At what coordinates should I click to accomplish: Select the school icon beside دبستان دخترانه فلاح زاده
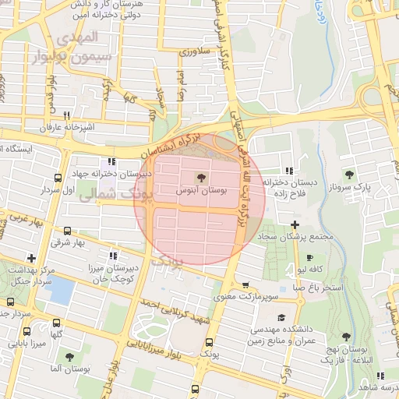click(289, 170)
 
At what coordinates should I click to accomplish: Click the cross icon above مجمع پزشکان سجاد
click(295, 224)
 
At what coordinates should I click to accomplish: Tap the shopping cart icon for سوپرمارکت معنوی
click(246, 285)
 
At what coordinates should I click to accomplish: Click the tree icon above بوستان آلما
click(70, 356)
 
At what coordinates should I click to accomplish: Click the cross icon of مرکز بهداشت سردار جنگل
click(31, 258)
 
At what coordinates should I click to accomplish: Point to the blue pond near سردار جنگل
click(59, 291)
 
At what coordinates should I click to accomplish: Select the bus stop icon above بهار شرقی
click(67, 231)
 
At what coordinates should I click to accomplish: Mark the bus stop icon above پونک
click(208, 343)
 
